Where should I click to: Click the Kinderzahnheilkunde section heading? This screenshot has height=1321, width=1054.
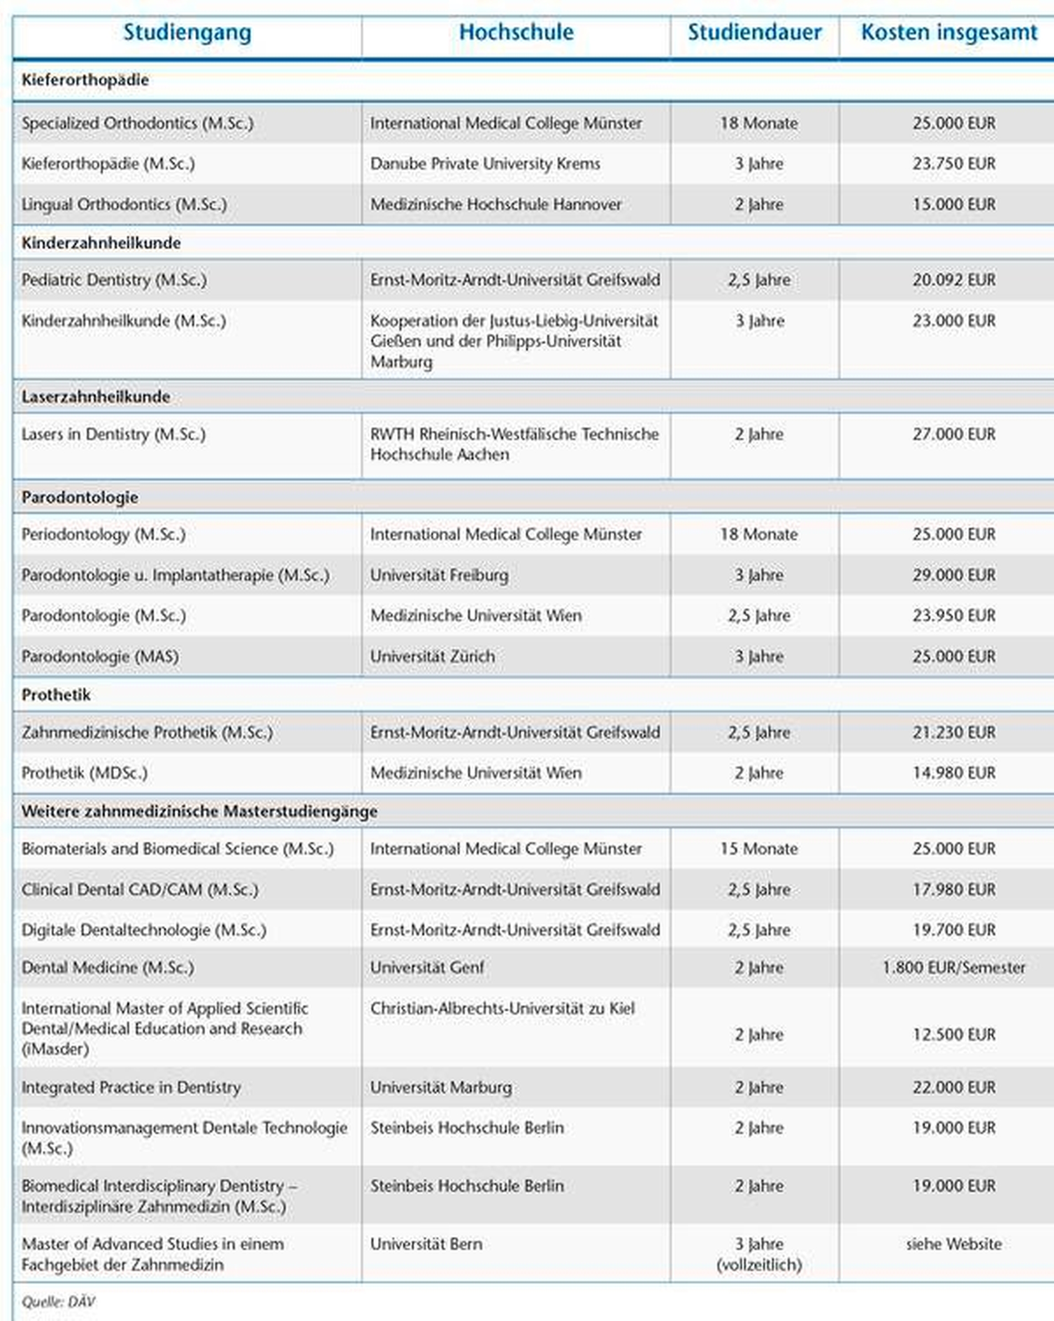click(101, 243)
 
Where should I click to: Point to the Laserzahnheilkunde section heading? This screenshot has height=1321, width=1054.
click(95, 397)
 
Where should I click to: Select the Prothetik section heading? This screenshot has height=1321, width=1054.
click(56, 695)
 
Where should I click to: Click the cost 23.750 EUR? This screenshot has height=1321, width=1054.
click(954, 164)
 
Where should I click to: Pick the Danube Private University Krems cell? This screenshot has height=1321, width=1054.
click(485, 164)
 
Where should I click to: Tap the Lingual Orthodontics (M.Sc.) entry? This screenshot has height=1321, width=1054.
click(124, 204)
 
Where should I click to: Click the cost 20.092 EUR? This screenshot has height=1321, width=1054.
click(954, 280)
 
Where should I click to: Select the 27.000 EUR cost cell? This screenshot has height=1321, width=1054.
click(954, 434)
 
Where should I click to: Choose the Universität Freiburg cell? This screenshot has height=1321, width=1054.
click(439, 575)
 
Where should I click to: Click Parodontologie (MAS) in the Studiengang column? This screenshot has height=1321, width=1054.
click(100, 656)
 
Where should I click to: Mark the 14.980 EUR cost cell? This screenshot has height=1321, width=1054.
click(954, 773)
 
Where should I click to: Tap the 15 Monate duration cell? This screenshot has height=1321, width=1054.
click(759, 849)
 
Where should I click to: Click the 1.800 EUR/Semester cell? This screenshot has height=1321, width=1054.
click(954, 968)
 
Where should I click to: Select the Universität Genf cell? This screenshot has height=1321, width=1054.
click(427, 968)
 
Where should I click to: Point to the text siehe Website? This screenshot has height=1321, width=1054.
click(954, 1244)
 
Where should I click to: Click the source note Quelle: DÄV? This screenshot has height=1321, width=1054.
click(58, 1302)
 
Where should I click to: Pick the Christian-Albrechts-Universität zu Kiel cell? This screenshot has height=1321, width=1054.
click(502, 1008)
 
